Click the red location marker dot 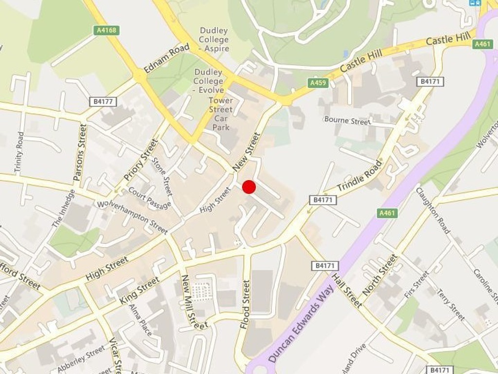[249, 187]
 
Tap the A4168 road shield [107, 30]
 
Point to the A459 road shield [319, 83]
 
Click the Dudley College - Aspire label [213, 39]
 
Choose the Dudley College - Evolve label [208, 81]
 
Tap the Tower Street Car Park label [221, 113]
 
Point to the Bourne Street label [347, 120]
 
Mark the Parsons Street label [79, 152]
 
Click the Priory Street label [141, 160]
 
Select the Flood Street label [245, 304]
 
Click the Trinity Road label [19, 152]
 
